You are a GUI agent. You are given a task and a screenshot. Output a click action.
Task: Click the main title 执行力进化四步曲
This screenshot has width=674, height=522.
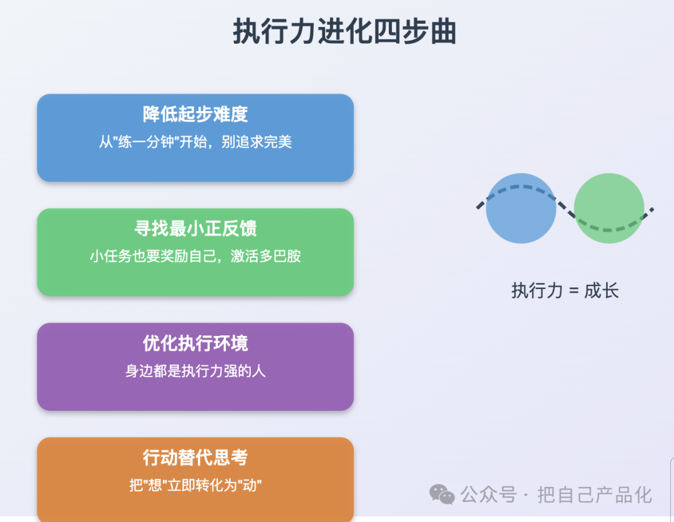[344, 31]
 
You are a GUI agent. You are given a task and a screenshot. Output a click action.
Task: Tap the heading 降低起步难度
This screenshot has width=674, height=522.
[195, 114]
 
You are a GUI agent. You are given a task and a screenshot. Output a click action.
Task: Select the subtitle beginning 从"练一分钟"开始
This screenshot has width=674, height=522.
[195, 142]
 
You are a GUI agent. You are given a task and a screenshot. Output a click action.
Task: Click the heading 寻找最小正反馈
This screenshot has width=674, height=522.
[195, 229]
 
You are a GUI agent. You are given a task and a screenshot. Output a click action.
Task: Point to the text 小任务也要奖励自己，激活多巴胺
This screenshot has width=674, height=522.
[195, 256]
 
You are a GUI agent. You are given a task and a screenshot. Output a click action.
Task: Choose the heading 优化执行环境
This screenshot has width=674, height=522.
[195, 343]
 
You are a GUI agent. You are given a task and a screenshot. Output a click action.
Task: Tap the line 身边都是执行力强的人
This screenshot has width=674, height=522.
[195, 371]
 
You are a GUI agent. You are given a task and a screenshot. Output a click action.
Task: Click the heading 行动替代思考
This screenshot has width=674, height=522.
[195, 458]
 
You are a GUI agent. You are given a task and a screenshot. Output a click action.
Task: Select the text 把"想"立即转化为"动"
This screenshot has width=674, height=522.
[195, 485]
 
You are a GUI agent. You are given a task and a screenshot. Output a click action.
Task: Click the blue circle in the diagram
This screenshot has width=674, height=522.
[521, 208]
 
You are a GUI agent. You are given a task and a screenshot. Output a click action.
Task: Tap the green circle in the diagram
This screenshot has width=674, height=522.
[609, 208]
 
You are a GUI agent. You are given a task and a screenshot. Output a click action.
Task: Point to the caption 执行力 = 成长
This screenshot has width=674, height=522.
[565, 291]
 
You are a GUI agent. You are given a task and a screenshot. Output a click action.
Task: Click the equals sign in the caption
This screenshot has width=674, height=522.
[574, 292]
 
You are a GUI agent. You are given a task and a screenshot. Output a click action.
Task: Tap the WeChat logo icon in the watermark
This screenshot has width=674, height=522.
[442, 494]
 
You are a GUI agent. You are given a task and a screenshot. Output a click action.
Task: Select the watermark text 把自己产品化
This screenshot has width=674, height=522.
[595, 495]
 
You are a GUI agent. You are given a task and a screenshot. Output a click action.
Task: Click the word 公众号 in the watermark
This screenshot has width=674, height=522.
[489, 495]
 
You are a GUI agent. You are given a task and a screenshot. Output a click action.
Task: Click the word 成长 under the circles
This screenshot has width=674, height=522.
[602, 291]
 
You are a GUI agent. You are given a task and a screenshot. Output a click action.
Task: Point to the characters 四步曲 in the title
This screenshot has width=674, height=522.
[415, 31]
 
